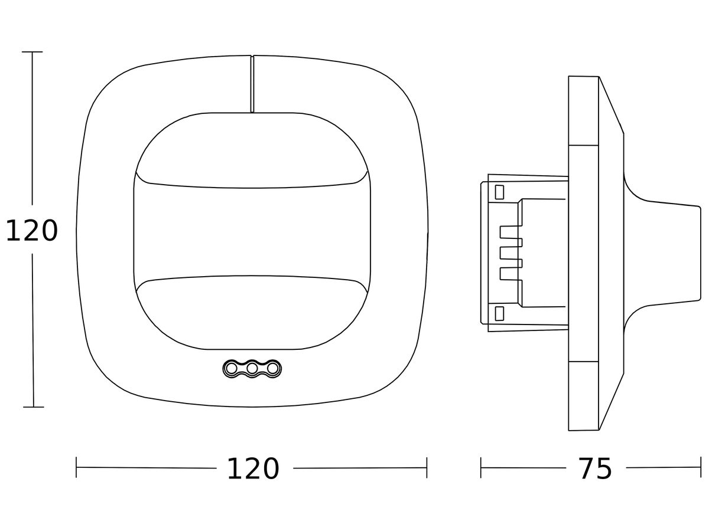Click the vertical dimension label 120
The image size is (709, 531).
tap(32, 231)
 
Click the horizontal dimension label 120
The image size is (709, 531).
tap(253, 469)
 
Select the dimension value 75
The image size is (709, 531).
tap(596, 469)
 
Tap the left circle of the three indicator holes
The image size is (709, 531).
tap(231, 368)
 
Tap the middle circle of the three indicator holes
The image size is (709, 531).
tap(252, 368)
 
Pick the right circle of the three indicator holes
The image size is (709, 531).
tap(272, 368)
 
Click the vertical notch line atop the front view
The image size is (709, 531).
tap(252, 84)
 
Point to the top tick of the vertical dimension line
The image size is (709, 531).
tap(32, 51)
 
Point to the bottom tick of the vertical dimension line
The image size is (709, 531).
tap(33, 407)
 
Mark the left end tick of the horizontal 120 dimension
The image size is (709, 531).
tap(76, 467)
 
